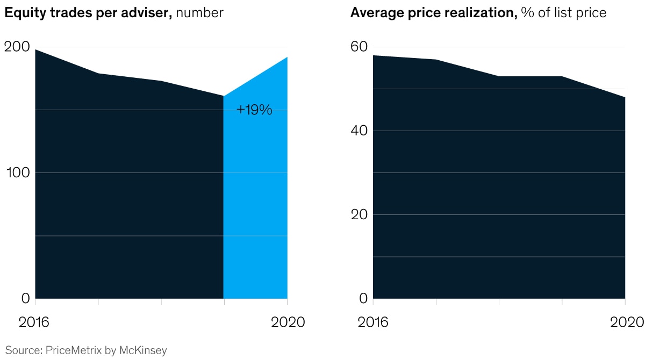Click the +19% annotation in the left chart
(254, 110)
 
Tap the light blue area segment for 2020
(255, 204)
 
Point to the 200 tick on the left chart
(17, 47)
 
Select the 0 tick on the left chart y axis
(24, 298)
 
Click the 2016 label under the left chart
(34, 322)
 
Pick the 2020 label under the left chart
(288, 322)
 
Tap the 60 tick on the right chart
(359, 47)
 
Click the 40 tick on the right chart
(359, 131)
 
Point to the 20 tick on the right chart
(359, 214)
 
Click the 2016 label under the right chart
(372, 322)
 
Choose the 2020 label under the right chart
(626, 322)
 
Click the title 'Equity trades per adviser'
(88, 13)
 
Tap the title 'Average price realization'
(433, 13)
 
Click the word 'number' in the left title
(199, 13)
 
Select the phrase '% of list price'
(563, 13)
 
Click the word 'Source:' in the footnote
(24, 350)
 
